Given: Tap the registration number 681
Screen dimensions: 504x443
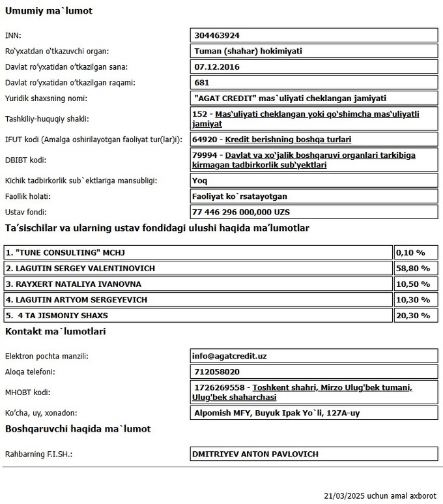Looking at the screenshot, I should (x=201, y=83).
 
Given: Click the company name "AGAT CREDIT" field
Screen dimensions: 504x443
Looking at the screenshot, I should (x=291, y=98).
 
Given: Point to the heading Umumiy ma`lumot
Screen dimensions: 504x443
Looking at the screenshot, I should (x=48, y=12).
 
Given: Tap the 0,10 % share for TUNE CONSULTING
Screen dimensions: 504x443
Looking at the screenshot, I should (x=411, y=252).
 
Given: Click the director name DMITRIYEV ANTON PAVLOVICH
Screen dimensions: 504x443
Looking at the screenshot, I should (x=255, y=454).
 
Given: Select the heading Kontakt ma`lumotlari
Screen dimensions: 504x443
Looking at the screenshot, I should (x=55, y=332).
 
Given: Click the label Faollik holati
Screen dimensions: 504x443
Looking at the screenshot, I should (x=27, y=196).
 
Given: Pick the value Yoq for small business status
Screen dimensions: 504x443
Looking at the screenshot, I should (x=199, y=180).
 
